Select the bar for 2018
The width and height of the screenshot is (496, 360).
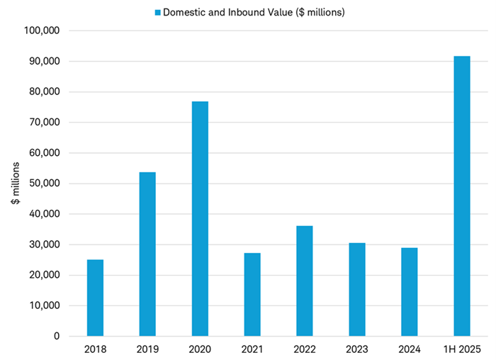(x=95, y=298)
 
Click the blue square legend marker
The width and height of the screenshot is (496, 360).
(x=158, y=13)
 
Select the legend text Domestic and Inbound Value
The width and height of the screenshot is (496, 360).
(x=255, y=13)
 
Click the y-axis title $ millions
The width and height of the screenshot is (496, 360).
(x=15, y=184)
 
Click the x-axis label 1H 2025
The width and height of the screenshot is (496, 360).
(x=462, y=349)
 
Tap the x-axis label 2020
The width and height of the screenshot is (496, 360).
(x=200, y=349)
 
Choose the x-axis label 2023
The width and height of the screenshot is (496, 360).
(x=357, y=349)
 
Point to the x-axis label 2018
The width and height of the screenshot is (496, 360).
(x=95, y=349)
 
